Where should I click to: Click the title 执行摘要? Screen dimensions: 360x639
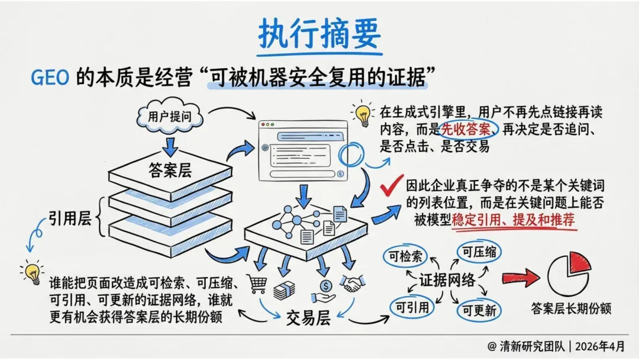click(319, 34)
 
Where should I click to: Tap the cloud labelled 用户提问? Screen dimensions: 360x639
click(170, 116)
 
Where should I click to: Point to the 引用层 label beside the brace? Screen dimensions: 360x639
click(69, 219)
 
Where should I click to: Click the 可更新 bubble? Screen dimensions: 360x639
click(479, 309)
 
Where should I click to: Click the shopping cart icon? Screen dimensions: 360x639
click(257, 284)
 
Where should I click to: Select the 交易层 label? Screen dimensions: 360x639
click(308, 318)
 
